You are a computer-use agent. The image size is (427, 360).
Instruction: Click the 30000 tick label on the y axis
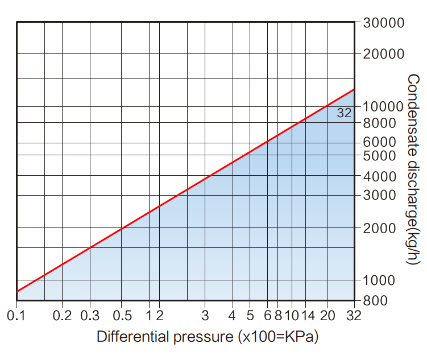pos(384,23)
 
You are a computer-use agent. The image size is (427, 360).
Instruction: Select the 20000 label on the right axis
pos(384,54)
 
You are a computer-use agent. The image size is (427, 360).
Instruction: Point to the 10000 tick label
pos(384,106)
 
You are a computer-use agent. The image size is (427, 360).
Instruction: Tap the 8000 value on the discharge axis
pos(380,123)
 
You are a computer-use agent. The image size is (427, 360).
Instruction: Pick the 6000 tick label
pos(380,142)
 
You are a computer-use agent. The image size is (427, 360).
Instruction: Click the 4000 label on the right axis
pos(380,176)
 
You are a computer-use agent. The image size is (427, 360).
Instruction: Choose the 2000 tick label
pos(380,228)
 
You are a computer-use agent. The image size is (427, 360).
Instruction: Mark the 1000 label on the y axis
pos(380,280)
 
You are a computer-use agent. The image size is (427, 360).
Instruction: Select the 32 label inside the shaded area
pos(344,113)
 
